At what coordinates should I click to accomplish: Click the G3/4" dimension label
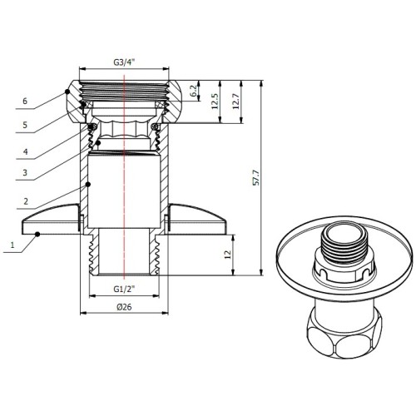tap(124, 62)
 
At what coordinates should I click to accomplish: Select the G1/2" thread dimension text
tap(124, 290)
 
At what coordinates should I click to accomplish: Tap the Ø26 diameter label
tap(124, 307)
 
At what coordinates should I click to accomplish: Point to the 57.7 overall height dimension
tap(256, 177)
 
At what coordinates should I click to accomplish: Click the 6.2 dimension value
tap(195, 91)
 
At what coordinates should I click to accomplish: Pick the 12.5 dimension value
tap(215, 102)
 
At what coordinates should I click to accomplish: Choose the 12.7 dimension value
tap(235, 102)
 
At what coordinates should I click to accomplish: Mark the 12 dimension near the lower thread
tap(228, 255)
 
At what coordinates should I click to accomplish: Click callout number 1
tap(12, 245)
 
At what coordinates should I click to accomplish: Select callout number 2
tap(26, 201)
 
